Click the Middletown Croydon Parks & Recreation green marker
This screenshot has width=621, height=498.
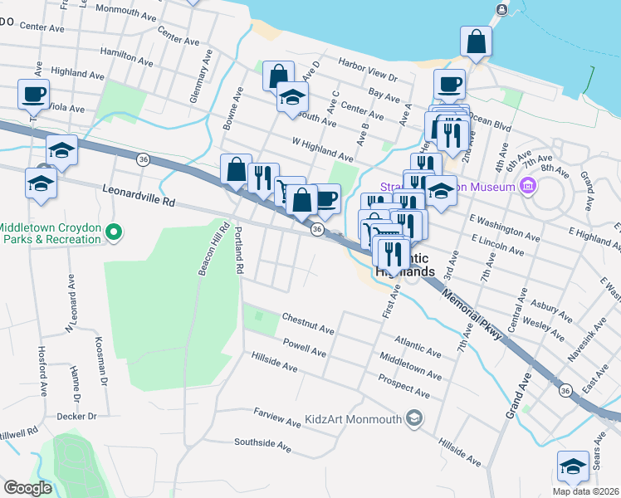(x=115, y=233)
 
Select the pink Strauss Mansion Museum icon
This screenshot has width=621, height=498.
(x=526, y=187)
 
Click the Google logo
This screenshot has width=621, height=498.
(x=27, y=488)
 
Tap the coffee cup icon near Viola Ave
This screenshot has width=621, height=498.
(x=34, y=95)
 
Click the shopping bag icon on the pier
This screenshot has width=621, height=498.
(x=477, y=42)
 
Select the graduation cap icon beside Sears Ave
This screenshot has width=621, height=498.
(x=573, y=466)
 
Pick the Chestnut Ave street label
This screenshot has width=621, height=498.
(x=308, y=324)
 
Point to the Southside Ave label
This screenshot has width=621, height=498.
(x=262, y=446)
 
